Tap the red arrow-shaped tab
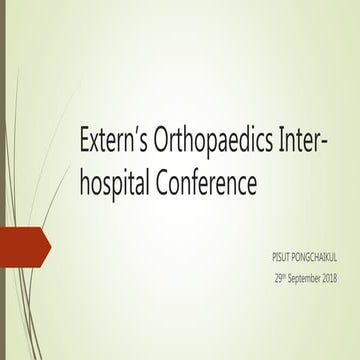pyautogui.click(x=22, y=242)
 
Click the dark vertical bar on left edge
pyautogui.click(x=4, y=180)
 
